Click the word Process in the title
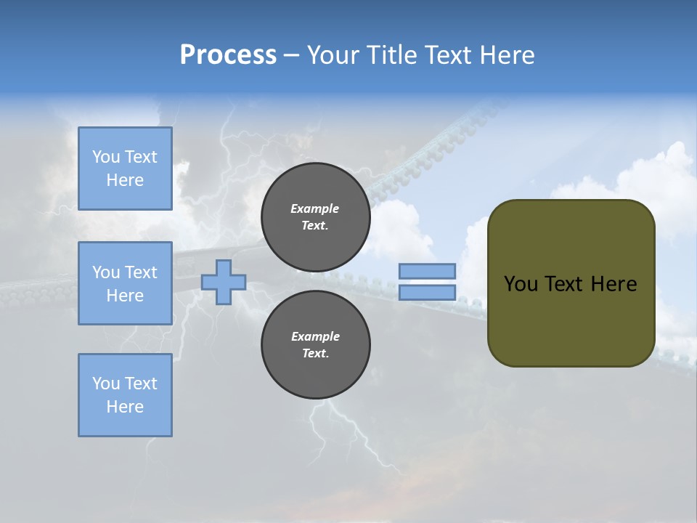[x=228, y=55]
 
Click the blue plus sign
[x=224, y=282]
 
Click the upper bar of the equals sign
[x=428, y=271]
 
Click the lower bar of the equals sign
[x=428, y=292]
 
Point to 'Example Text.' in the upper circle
[x=315, y=217]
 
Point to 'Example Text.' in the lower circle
[x=315, y=345]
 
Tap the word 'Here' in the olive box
[x=614, y=283]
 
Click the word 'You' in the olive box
[x=521, y=283]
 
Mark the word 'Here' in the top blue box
[x=125, y=180]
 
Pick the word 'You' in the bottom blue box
[x=106, y=384]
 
